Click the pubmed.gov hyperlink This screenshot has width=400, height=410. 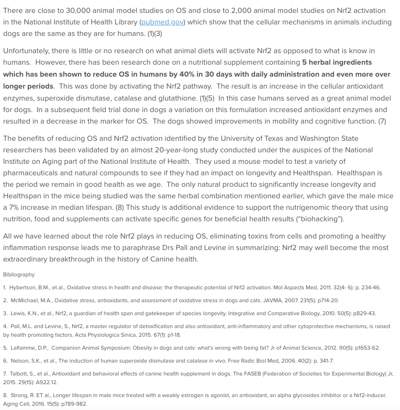coord(163,22)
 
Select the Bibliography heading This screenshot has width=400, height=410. coord(19,274)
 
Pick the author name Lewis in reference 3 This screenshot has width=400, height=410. coord(19,313)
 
